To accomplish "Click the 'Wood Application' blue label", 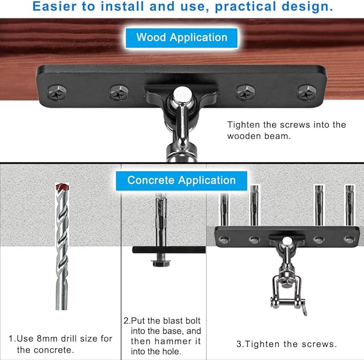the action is coord(182,38).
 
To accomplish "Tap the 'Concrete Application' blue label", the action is coord(182,180).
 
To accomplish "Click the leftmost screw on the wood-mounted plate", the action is coord(57,93).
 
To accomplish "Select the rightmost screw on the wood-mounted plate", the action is coord(307,93).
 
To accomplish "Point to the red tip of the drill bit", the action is coord(62,187).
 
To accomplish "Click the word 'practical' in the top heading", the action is coord(246,6).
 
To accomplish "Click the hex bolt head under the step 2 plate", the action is coord(161,263).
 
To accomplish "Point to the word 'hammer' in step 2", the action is coord(173,341).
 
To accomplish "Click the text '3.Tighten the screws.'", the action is coord(286,344).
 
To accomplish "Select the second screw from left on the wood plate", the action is coord(118,93).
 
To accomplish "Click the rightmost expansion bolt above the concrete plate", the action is coord(350,205).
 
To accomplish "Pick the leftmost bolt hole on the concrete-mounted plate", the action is coord(224,239).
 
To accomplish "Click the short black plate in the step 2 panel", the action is coord(169,250).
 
